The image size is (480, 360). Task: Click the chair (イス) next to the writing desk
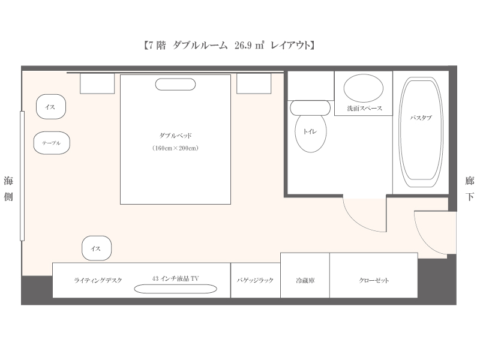97,248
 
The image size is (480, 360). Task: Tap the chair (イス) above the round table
51,107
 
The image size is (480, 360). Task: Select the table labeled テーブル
52,143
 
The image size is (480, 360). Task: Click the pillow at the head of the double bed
175,85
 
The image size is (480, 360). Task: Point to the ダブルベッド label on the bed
175,136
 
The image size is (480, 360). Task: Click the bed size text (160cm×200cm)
175,148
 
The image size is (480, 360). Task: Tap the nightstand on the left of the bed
97,83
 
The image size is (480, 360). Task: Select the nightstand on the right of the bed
254,83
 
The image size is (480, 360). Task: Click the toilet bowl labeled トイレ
310,133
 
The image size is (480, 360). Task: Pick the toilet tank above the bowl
310,108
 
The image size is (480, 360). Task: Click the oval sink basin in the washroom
364,88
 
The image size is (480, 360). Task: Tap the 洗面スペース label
364,109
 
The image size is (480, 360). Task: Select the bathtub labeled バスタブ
422,132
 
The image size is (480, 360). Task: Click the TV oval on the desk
175,289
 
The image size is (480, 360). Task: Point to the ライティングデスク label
98,280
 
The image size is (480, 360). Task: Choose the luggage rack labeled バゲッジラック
256,280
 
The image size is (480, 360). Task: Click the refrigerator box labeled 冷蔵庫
305,275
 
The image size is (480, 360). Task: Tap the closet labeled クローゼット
373,275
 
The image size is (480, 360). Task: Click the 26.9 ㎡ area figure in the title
249,46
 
